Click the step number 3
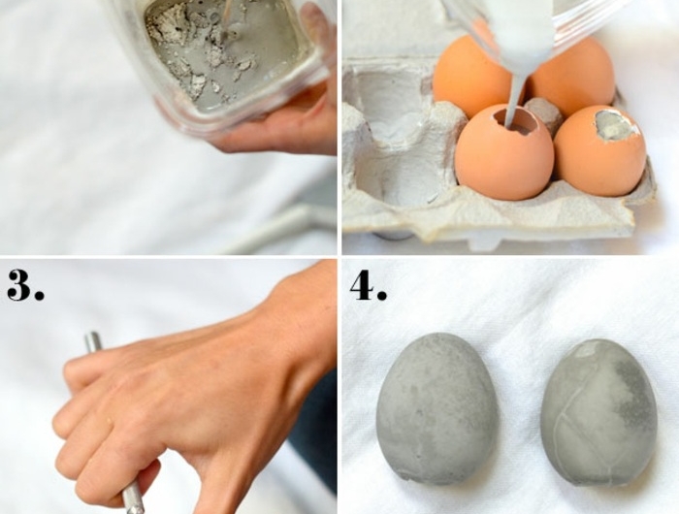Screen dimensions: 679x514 pos(25,284)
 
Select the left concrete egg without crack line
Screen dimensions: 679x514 pos(438,408)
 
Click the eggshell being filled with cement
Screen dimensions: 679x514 pos(504,152)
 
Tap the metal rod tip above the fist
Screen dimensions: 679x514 pos(93,341)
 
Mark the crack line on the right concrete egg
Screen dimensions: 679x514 pos(566,416)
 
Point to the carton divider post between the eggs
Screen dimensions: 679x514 pos(543,111)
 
